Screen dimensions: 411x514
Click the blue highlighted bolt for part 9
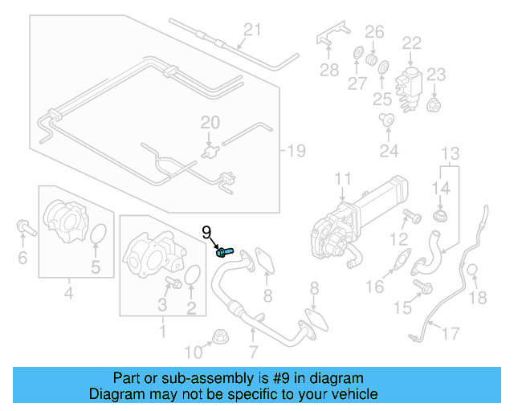tap(224, 252)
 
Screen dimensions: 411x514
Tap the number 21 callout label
tap(253, 31)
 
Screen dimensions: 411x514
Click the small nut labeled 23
tap(434, 104)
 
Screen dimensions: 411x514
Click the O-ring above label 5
tap(96, 235)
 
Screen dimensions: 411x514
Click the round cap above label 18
tap(474, 271)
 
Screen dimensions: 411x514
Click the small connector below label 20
tap(210, 149)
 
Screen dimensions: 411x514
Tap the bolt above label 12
tap(410, 215)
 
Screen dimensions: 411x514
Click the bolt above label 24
tap(388, 120)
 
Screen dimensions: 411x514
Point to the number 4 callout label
tap(68, 294)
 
